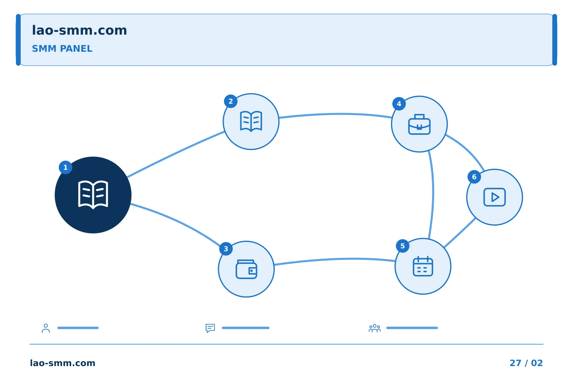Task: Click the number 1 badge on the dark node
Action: pos(66,168)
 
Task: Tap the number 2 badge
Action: pos(231,101)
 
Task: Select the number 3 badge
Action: pos(226,249)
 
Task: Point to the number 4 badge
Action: pos(399,104)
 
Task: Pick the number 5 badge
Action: pos(403,246)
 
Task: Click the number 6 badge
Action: pos(474,177)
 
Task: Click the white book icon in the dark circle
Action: pos(93,195)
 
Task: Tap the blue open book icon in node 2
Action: pos(251,121)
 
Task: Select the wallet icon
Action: pos(246,269)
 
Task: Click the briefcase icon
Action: pos(419,124)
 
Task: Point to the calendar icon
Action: pos(423,266)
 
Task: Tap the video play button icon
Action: pos(495,197)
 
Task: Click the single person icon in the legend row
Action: pos(46,328)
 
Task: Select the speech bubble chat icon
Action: pos(210,328)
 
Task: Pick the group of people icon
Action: pos(375,328)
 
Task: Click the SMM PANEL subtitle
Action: pos(62,49)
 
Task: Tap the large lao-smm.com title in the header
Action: pos(79,31)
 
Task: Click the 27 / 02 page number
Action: pos(526,363)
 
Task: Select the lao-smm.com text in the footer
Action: pos(62,363)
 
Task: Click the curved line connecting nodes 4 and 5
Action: pos(433,195)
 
